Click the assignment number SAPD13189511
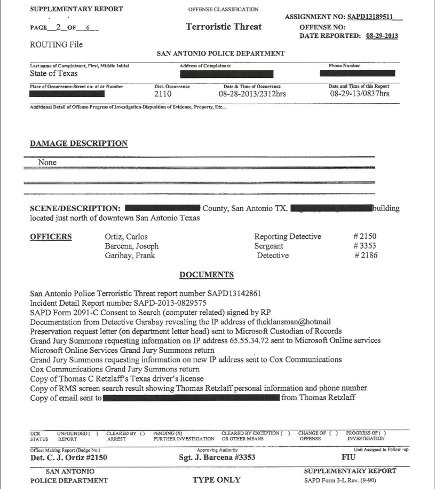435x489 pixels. click(374, 17)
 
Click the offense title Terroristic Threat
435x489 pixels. click(223, 27)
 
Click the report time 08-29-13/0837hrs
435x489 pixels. click(360, 94)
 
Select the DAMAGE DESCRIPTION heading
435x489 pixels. click(78, 144)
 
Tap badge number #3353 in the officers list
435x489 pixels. click(366, 246)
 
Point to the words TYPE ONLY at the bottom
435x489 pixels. click(216, 479)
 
